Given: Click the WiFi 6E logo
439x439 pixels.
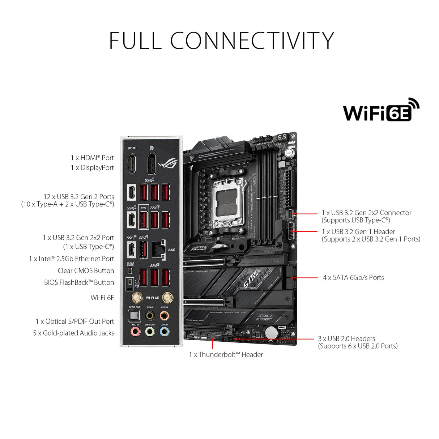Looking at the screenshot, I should (x=381, y=110).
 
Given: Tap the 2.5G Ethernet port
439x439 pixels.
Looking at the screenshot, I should (x=158, y=250).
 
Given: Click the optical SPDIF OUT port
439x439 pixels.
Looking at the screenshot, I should (x=135, y=316).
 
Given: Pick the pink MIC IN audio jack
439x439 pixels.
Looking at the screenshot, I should (x=135, y=332).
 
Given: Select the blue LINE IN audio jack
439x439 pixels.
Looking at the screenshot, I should (x=164, y=332).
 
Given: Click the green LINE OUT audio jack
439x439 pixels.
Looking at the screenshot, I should (x=150, y=332).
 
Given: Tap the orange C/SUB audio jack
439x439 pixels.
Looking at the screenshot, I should (x=164, y=316).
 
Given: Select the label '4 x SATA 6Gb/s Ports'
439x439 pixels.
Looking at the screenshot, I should (x=353, y=278).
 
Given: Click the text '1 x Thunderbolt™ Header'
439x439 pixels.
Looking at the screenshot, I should (x=226, y=355).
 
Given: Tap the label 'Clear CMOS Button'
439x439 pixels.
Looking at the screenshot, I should (x=86, y=271).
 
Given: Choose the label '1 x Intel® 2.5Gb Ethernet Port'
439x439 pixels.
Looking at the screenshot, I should (x=71, y=259).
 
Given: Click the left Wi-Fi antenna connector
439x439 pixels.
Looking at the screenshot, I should (x=136, y=298).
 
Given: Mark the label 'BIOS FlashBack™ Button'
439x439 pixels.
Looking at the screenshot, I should (x=79, y=282).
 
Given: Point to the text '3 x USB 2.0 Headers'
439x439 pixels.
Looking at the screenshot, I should (x=346, y=339).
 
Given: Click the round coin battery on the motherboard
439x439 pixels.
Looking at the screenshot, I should (x=271, y=332).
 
